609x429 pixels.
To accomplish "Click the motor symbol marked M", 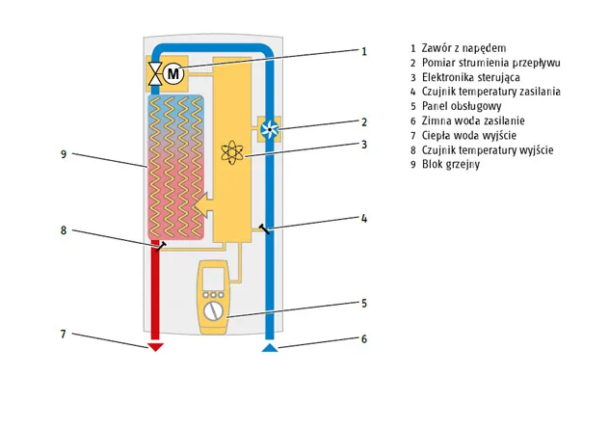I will tap(173, 73).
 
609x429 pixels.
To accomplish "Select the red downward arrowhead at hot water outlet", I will tap(155, 347).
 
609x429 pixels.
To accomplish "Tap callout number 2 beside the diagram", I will tap(364, 121).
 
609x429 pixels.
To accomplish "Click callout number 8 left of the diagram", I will tap(63, 230).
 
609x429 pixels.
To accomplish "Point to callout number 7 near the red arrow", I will tap(63, 335).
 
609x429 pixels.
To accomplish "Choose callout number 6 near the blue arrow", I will tap(364, 338).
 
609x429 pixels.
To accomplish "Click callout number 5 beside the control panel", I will tap(364, 302).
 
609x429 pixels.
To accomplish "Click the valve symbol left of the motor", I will tap(154, 73).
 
